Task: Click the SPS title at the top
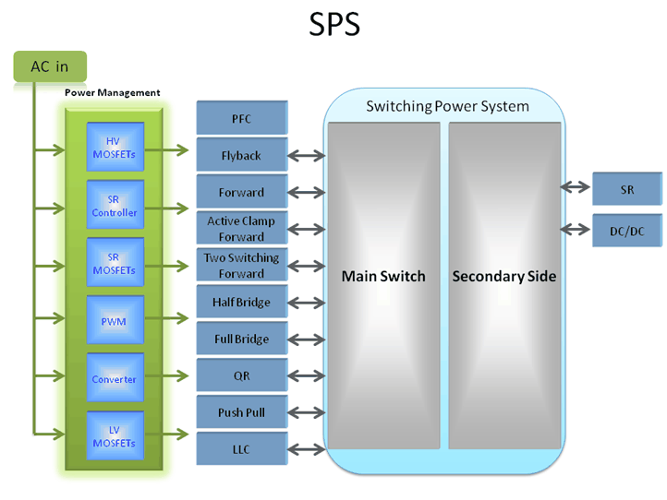[x=333, y=25]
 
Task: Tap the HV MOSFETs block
[x=115, y=148]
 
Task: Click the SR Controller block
[x=115, y=206]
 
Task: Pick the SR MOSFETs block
[x=115, y=263]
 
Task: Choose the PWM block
[x=115, y=321]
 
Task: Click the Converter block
[x=115, y=378]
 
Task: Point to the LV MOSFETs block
[x=115, y=436]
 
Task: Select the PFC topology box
[x=242, y=119]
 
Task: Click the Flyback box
[x=242, y=156]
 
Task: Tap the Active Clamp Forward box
[x=242, y=228]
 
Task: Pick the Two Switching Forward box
[x=242, y=265]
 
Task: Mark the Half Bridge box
[x=242, y=302]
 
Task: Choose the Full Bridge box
[x=242, y=339]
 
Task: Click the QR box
[x=242, y=375]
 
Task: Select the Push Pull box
[x=242, y=412]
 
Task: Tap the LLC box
[x=242, y=449]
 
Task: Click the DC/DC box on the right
[x=627, y=231]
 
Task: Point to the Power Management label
[x=112, y=92]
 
